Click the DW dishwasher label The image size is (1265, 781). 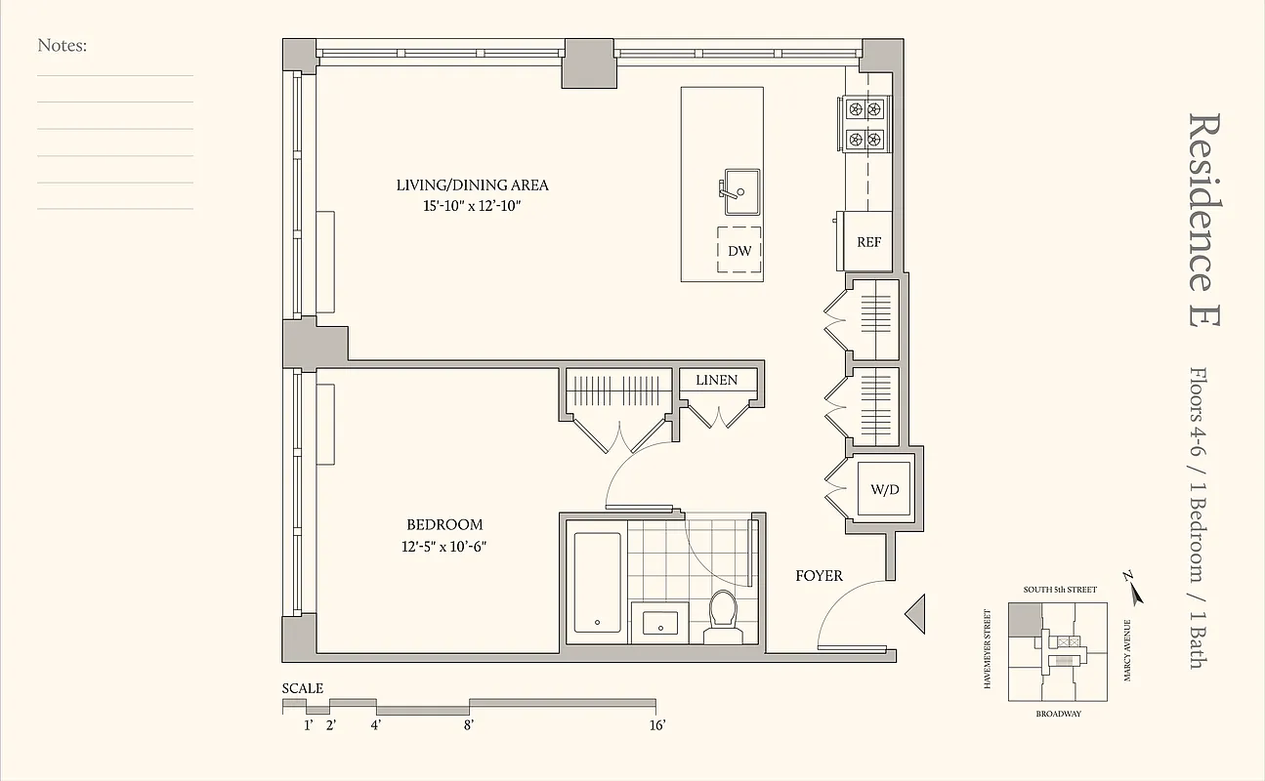pyautogui.click(x=739, y=251)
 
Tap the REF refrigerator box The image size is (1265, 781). pyautogui.click(x=868, y=241)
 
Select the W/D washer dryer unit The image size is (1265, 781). pyautogui.click(x=884, y=490)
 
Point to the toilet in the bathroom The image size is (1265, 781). pyautogui.click(x=723, y=615)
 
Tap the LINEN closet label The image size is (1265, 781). pyautogui.click(x=716, y=380)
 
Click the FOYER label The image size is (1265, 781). pyautogui.click(x=819, y=576)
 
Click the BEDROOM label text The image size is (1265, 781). pyautogui.click(x=444, y=525)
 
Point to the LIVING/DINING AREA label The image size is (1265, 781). pyautogui.click(x=472, y=185)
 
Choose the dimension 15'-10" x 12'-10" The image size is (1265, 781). pyautogui.click(x=472, y=206)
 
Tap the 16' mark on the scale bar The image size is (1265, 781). pyautogui.click(x=656, y=724)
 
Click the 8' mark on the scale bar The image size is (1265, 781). pyautogui.click(x=469, y=724)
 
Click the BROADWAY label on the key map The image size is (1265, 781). pyautogui.click(x=1058, y=715)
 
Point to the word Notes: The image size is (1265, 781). pyautogui.click(x=63, y=45)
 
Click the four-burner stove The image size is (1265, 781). pyautogui.click(x=865, y=125)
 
